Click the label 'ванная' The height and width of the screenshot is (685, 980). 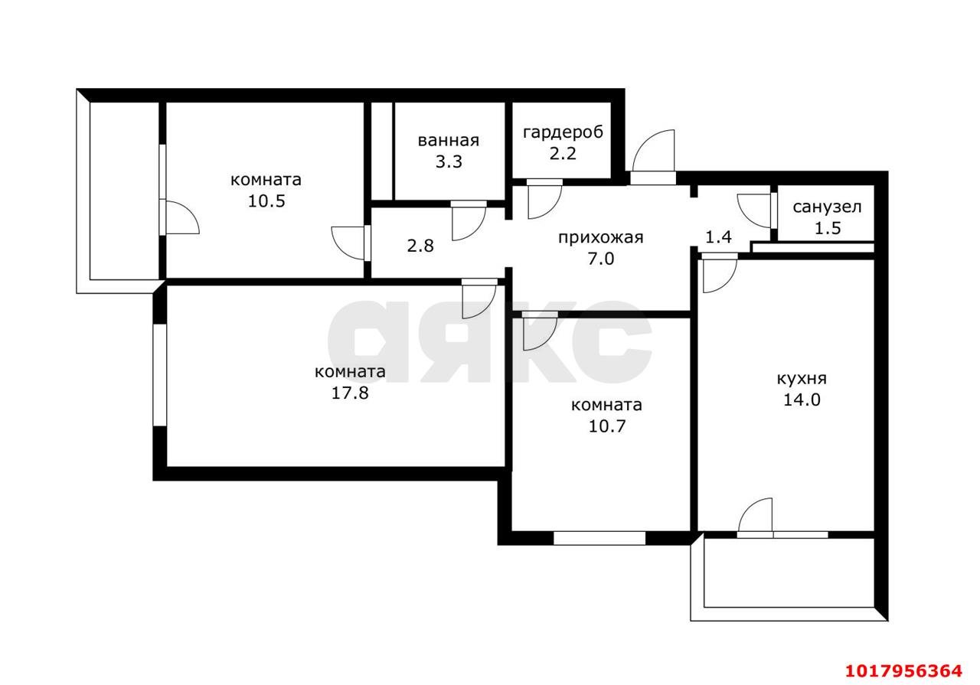[449, 141]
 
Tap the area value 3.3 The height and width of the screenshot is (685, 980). [449, 161]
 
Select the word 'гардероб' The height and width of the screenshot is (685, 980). [563, 132]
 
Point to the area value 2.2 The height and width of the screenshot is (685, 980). [563, 154]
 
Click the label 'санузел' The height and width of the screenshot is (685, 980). [827, 207]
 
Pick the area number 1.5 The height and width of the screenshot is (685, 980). [828, 228]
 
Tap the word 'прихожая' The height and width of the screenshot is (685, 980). [601, 238]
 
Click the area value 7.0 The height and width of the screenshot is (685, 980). [601, 259]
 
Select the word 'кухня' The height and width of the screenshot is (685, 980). [802, 379]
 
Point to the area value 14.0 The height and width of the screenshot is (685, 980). [802, 400]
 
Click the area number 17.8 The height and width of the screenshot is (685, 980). [350, 393]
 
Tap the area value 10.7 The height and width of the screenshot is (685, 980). [606, 426]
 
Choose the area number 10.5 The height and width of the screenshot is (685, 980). [266, 201]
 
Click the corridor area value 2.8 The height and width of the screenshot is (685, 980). [420, 246]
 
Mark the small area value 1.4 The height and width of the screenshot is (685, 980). [718, 237]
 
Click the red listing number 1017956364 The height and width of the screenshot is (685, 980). [903, 670]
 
